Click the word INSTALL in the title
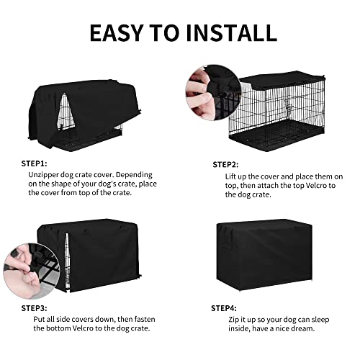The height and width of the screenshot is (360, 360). coord(232,32)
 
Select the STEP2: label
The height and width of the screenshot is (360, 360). coord(225,164)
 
